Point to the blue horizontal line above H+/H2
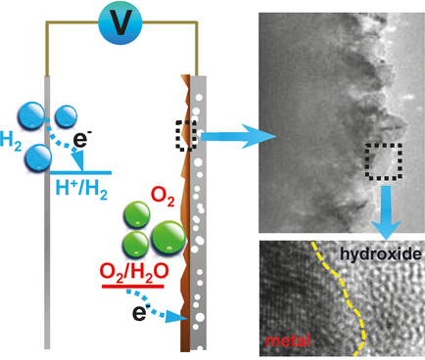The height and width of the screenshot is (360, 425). tap(88, 175)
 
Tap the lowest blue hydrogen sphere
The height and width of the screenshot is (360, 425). tap(40, 156)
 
